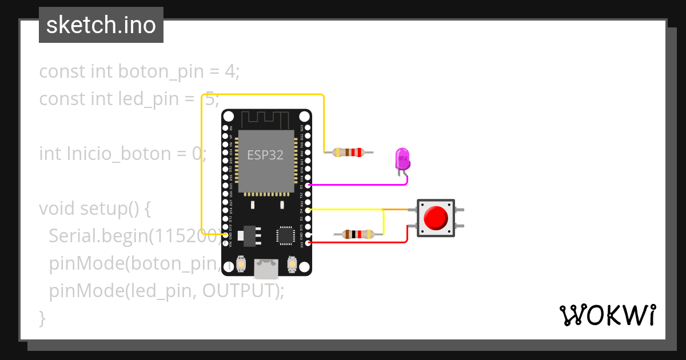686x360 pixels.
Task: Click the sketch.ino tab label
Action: pyautogui.click(x=101, y=25)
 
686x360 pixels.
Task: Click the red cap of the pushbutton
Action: pyautogui.click(x=436, y=218)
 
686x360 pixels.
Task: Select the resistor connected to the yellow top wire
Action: pyautogui.click(x=349, y=153)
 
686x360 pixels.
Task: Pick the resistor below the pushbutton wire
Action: pyautogui.click(x=358, y=234)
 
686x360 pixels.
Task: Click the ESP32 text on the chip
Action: pyautogui.click(x=265, y=155)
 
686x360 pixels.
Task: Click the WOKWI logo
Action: pyautogui.click(x=607, y=315)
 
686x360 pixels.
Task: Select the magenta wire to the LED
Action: pyautogui.click(x=354, y=185)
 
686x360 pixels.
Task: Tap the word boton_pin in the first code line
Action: pyautogui.click(x=161, y=71)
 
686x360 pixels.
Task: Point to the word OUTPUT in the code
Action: pyautogui.click(x=240, y=290)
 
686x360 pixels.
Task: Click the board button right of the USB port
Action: pyautogui.click(x=292, y=265)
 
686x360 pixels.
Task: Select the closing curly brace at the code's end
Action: pyautogui.click(x=42, y=318)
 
